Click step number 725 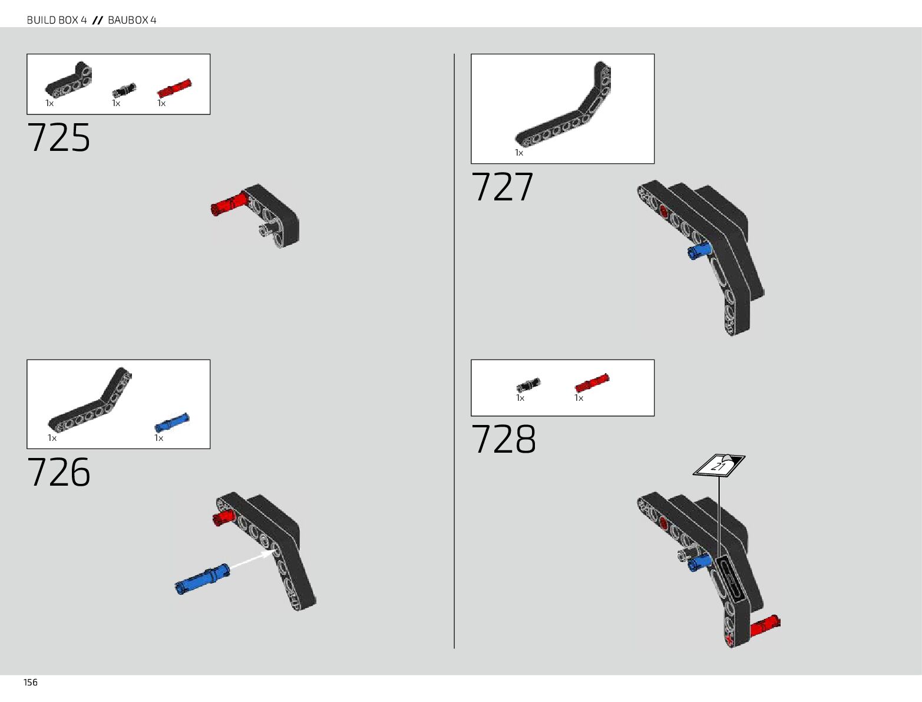click(59, 138)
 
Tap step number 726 click(59, 472)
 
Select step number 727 click(503, 187)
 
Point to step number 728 click(504, 440)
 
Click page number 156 click(31, 683)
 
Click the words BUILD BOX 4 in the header click(57, 20)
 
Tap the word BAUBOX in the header click(128, 20)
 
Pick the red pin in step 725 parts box click(174, 88)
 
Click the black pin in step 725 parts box click(124, 90)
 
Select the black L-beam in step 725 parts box click(70, 81)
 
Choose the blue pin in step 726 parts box click(172, 423)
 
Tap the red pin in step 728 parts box click(592, 383)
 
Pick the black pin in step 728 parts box click(528, 385)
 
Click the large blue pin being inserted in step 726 click(203, 579)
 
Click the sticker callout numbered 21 click(719, 465)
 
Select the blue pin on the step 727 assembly click(699, 252)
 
